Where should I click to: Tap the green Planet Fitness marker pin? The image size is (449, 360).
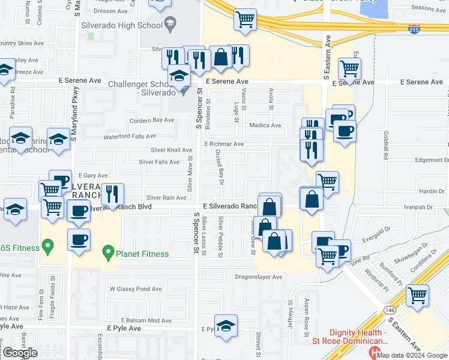pos(108,251)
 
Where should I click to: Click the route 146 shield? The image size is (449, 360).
pos(388,310)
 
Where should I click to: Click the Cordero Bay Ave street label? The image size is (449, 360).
pos(151,120)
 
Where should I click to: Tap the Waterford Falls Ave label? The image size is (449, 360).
pos(129,137)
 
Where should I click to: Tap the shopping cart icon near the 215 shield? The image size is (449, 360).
pos(244,19)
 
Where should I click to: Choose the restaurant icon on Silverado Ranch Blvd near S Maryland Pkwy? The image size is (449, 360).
pos(112,194)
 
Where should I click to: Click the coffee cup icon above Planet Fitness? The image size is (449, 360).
pos(79,240)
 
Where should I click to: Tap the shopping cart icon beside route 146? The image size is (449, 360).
pos(417,295)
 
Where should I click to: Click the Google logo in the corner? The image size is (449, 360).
pos(20,353)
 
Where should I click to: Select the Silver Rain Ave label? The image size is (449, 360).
pos(166,197)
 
